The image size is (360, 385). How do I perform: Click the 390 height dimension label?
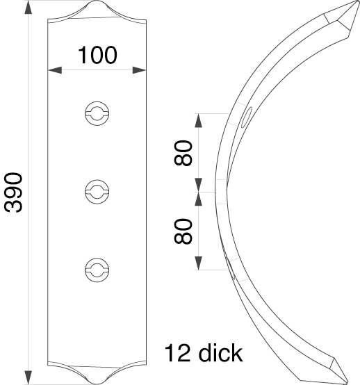pyautogui.click(x=13, y=192)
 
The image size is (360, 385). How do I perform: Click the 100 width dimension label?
pyautogui.click(x=97, y=55)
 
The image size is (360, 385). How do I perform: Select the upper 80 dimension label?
pyautogui.click(x=183, y=153)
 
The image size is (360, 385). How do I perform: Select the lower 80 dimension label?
pyautogui.click(x=183, y=231)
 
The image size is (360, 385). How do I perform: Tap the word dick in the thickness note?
pyautogui.click(x=221, y=353)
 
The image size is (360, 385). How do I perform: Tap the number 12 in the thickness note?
pyautogui.click(x=178, y=353)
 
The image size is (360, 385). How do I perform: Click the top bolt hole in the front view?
pyautogui.click(x=97, y=113)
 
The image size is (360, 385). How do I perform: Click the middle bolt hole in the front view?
pyautogui.click(x=97, y=192)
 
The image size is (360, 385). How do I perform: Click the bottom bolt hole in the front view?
pyautogui.click(x=97, y=270)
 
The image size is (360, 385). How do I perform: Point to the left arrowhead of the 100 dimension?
pyautogui.click(x=55, y=70)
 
